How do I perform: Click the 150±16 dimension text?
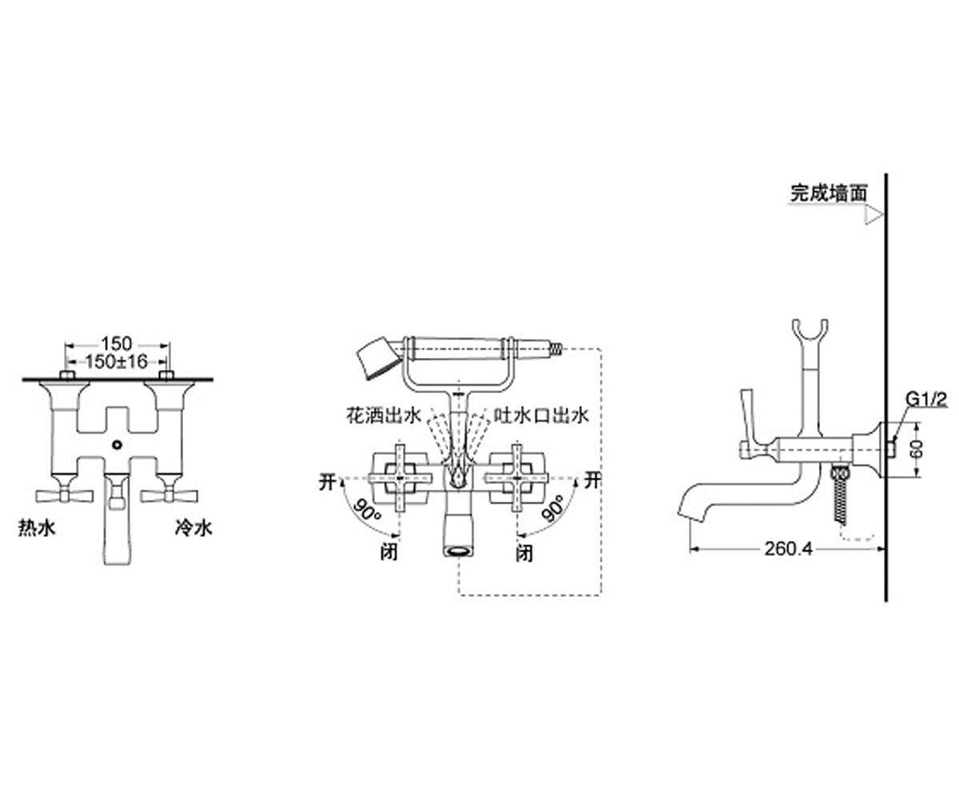click(117, 362)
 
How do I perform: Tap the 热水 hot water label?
click(37, 527)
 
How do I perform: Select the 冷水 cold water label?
click(193, 527)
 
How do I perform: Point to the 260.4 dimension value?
click(789, 549)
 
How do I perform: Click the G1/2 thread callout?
click(926, 399)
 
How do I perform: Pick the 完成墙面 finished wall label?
click(829, 193)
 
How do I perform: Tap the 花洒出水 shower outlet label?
click(384, 415)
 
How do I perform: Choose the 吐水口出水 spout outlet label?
click(541, 415)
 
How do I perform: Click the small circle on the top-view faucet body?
click(117, 444)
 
